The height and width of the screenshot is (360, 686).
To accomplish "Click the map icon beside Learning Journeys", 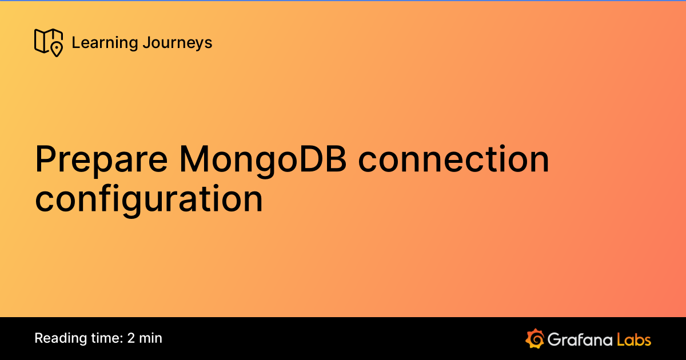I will (x=48, y=42).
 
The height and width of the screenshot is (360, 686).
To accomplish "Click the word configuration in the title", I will (x=149, y=199).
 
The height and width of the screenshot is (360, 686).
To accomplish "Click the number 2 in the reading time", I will (x=131, y=338).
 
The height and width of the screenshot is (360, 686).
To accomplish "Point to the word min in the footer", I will (x=151, y=338).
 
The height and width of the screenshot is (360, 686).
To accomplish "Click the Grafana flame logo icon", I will (x=535, y=338).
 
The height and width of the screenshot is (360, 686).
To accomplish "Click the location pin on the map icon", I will (x=56, y=50).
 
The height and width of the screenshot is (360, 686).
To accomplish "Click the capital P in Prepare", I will (x=45, y=159).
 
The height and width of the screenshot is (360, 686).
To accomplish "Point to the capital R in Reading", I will (x=39, y=338).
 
